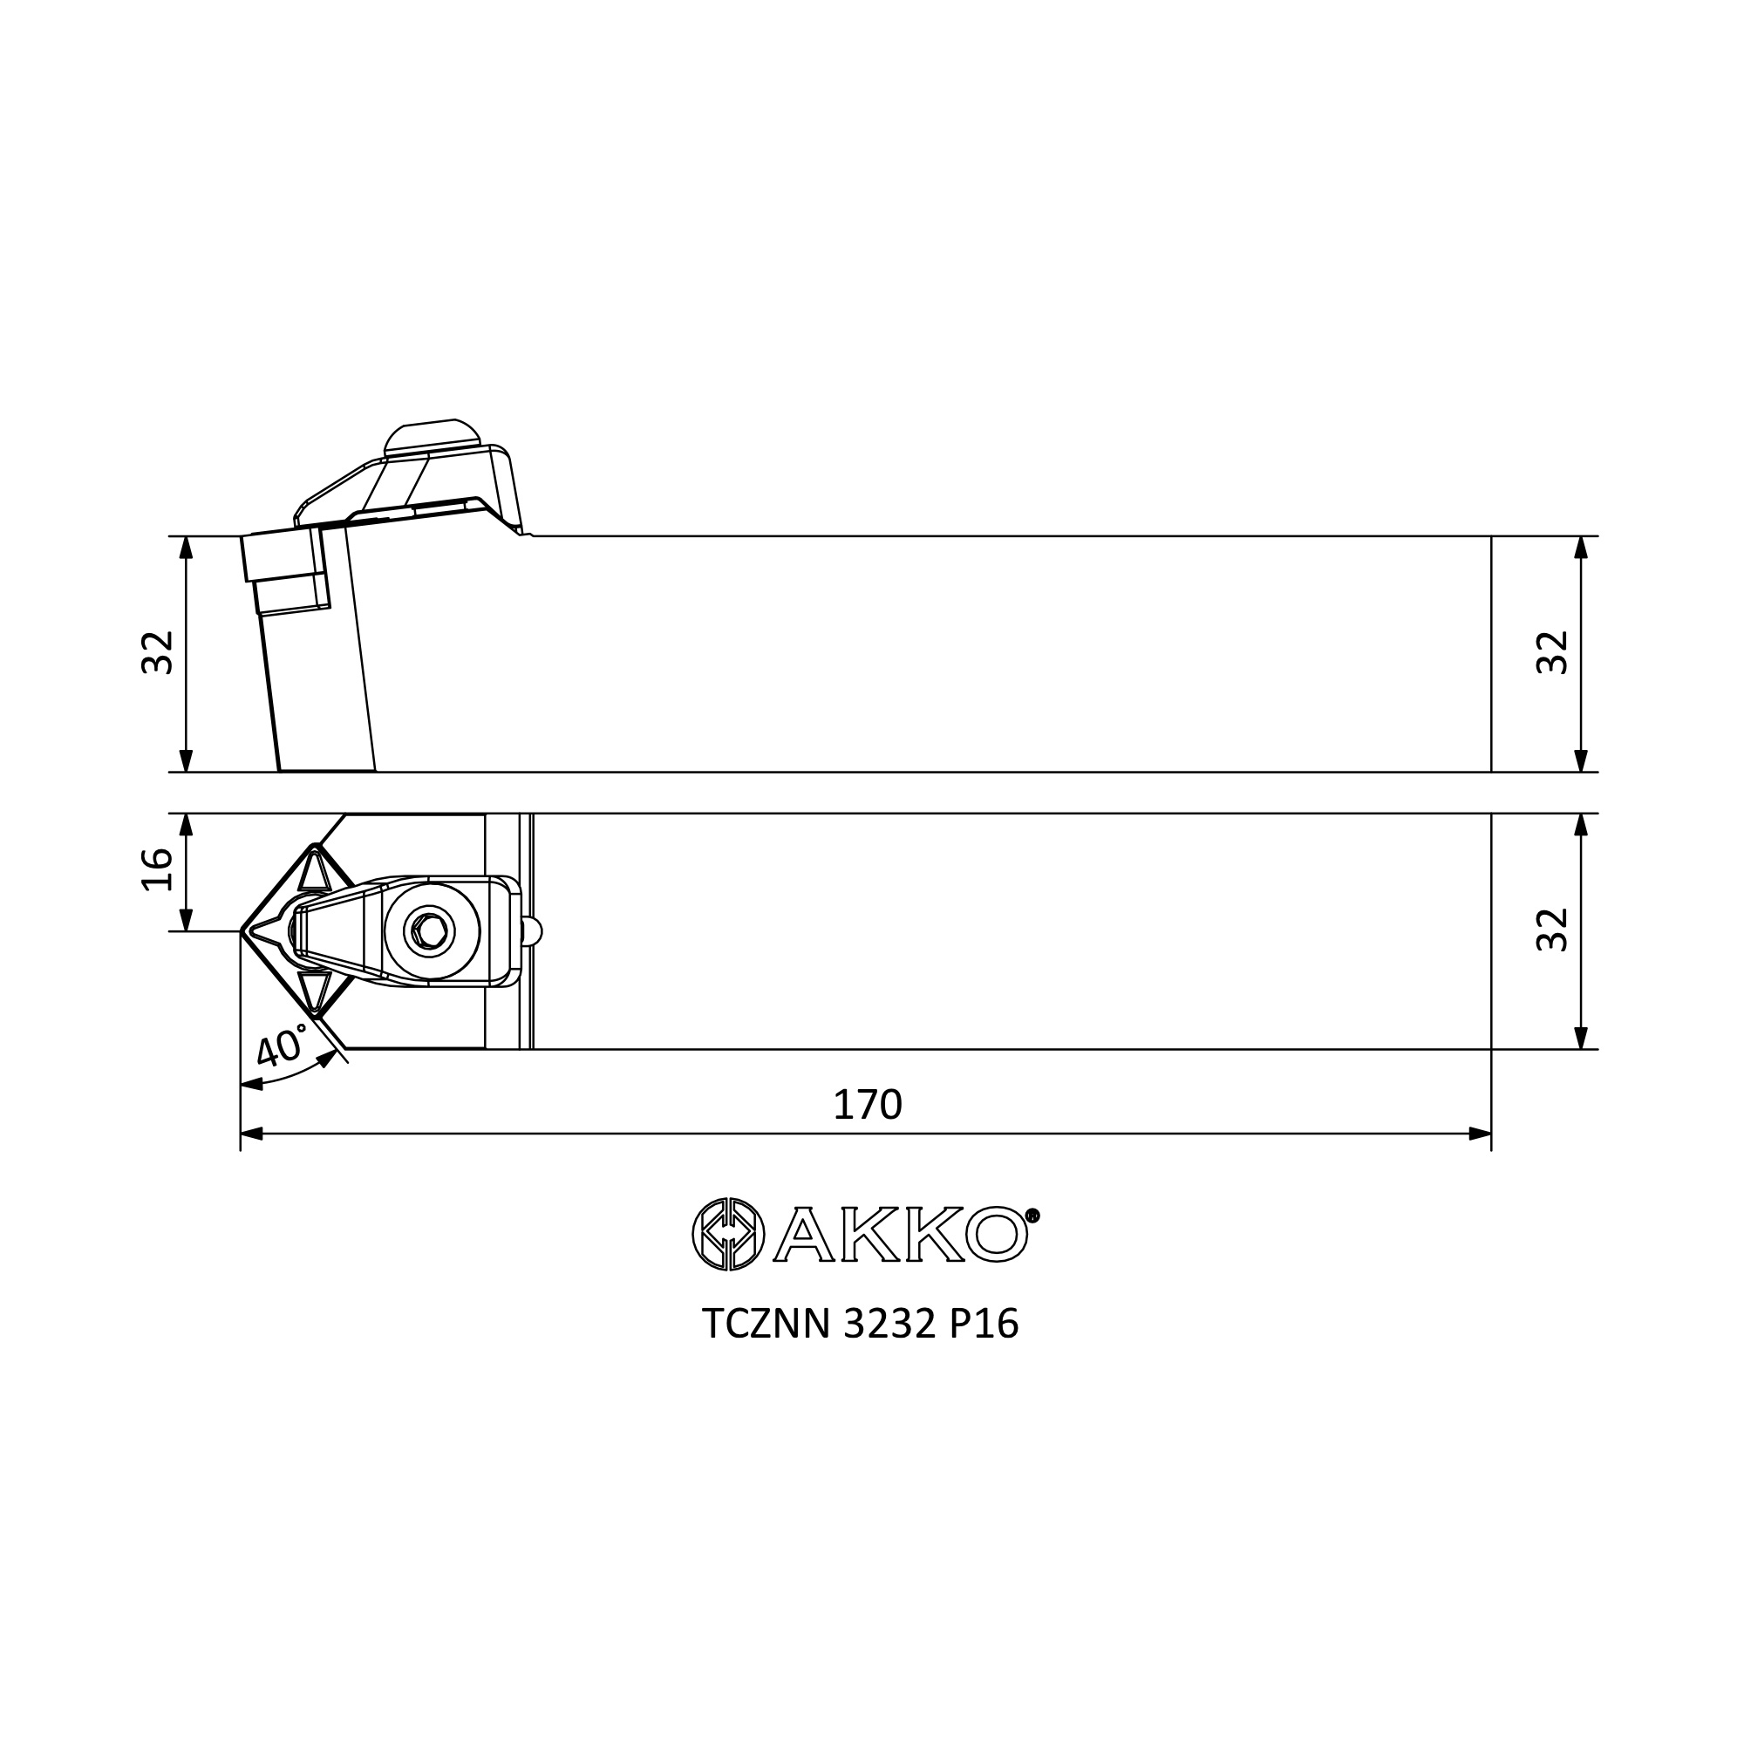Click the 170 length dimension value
pos(867,1105)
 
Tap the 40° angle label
pos(282,1048)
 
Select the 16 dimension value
pos(157,869)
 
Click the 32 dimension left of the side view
pos(157,652)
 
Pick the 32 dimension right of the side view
pos(1553,652)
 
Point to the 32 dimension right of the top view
pos(1553,930)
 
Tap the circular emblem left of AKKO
pos(727,1234)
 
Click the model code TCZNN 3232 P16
pos(861,1325)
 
